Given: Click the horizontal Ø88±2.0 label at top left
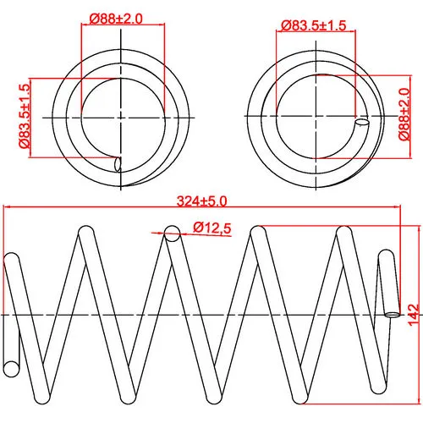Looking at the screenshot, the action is coord(116,19).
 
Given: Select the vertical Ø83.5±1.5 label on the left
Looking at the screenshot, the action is coord(25,116).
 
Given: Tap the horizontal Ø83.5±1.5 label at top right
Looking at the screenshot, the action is coord(313,25).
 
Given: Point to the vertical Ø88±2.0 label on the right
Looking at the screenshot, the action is coord(404,114).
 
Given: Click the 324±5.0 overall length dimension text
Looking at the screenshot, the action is coord(201,201).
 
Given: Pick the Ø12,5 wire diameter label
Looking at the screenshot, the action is coord(212,228).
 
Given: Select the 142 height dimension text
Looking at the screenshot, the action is coord(414,315).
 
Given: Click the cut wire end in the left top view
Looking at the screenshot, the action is coord(118,164).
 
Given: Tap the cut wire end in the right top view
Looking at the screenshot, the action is coord(362,122).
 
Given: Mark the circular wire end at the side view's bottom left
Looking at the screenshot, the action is coord(12,369).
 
